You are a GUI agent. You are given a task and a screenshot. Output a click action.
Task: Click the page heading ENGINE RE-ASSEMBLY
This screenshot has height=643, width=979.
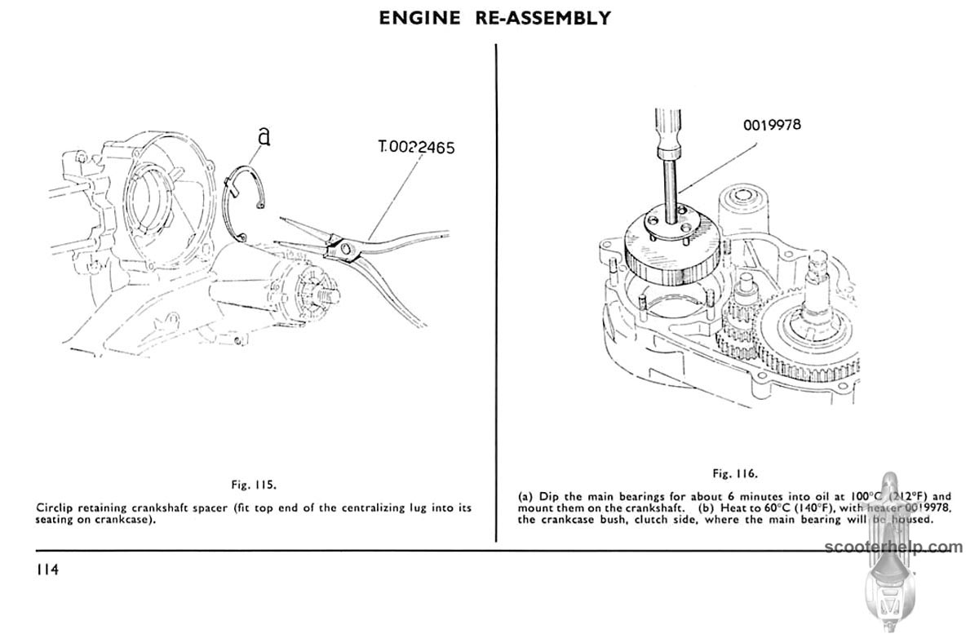coord(494,18)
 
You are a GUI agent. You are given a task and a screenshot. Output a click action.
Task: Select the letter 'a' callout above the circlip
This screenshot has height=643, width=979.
coord(264,136)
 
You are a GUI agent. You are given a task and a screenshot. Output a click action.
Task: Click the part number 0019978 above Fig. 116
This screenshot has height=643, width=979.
coord(772,125)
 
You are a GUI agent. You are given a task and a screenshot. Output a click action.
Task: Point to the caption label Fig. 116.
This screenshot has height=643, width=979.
coord(734,473)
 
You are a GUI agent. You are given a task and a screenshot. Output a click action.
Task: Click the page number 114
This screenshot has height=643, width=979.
coord(47,570)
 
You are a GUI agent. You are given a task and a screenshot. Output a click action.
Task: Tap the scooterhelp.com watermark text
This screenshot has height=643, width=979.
coord(893,547)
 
